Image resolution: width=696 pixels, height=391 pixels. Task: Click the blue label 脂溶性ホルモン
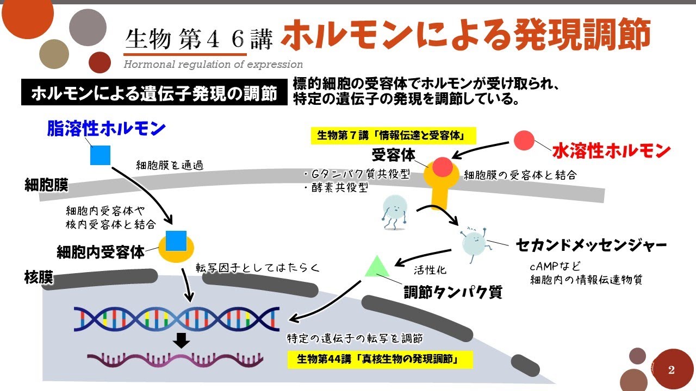coord(107,129)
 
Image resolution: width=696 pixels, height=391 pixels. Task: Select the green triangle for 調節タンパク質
coord(376,266)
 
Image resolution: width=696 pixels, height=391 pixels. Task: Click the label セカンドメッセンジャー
coord(591,245)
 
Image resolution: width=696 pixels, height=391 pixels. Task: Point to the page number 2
coord(672,370)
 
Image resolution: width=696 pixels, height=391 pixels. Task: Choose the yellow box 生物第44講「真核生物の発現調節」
coord(380,360)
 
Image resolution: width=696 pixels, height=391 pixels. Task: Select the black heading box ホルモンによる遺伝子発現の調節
coord(154,93)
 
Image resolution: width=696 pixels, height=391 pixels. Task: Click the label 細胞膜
coord(46,186)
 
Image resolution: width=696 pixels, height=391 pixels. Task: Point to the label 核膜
coord(38,278)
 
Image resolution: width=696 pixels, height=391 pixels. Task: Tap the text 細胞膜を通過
coord(170,165)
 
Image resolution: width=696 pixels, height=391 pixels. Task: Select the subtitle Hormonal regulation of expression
coord(213,65)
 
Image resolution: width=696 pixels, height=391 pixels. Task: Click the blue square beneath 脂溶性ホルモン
coord(101,155)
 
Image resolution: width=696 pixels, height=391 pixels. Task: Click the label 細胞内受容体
coord(101,252)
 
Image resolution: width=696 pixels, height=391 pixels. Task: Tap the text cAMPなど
coord(556,267)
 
